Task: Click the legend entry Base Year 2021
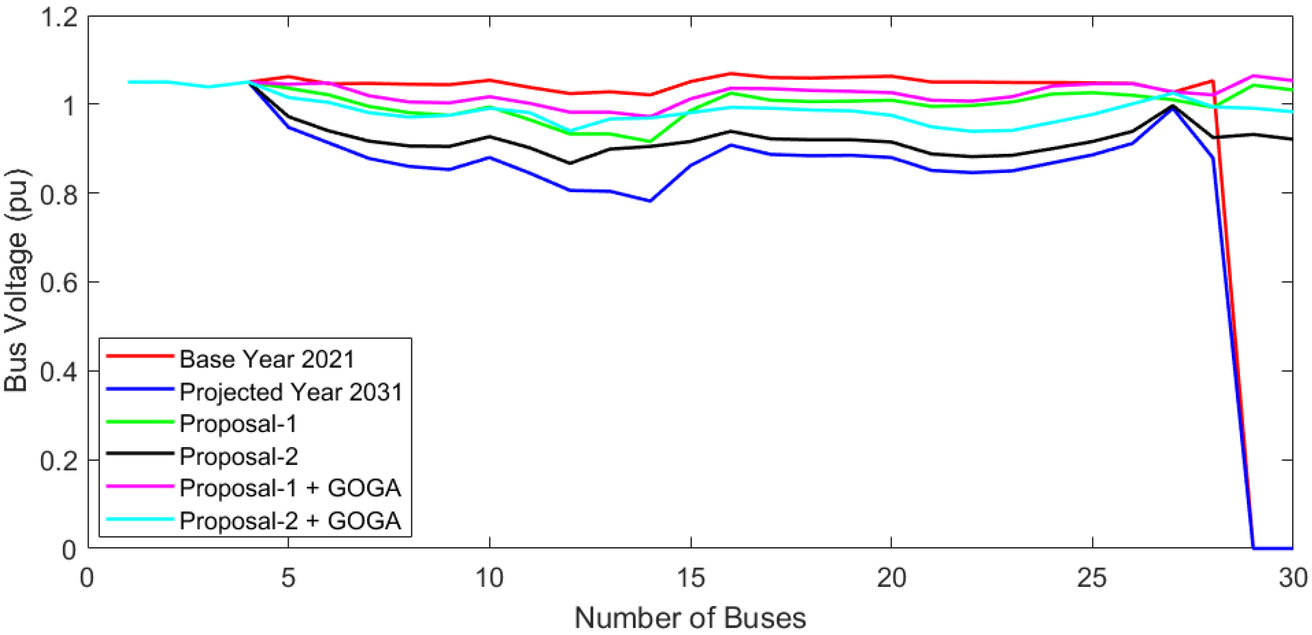[x=266, y=359]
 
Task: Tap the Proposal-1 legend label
[x=238, y=424]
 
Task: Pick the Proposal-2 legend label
[x=238, y=456]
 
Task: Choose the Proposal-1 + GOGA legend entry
[x=290, y=488]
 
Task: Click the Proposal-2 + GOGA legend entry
[x=290, y=520]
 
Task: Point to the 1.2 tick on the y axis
[x=59, y=17]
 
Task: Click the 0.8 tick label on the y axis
[x=59, y=194]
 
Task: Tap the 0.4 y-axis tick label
[x=59, y=372]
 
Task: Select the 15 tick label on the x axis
[x=690, y=578]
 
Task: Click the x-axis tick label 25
[x=1093, y=578]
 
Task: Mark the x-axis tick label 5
[x=288, y=578]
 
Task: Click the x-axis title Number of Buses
[x=690, y=618]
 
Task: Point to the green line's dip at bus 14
[x=650, y=141]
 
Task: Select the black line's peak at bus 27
[x=1173, y=106]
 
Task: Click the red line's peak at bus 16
[x=731, y=74]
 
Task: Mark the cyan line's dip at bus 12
[x=570, y=130]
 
